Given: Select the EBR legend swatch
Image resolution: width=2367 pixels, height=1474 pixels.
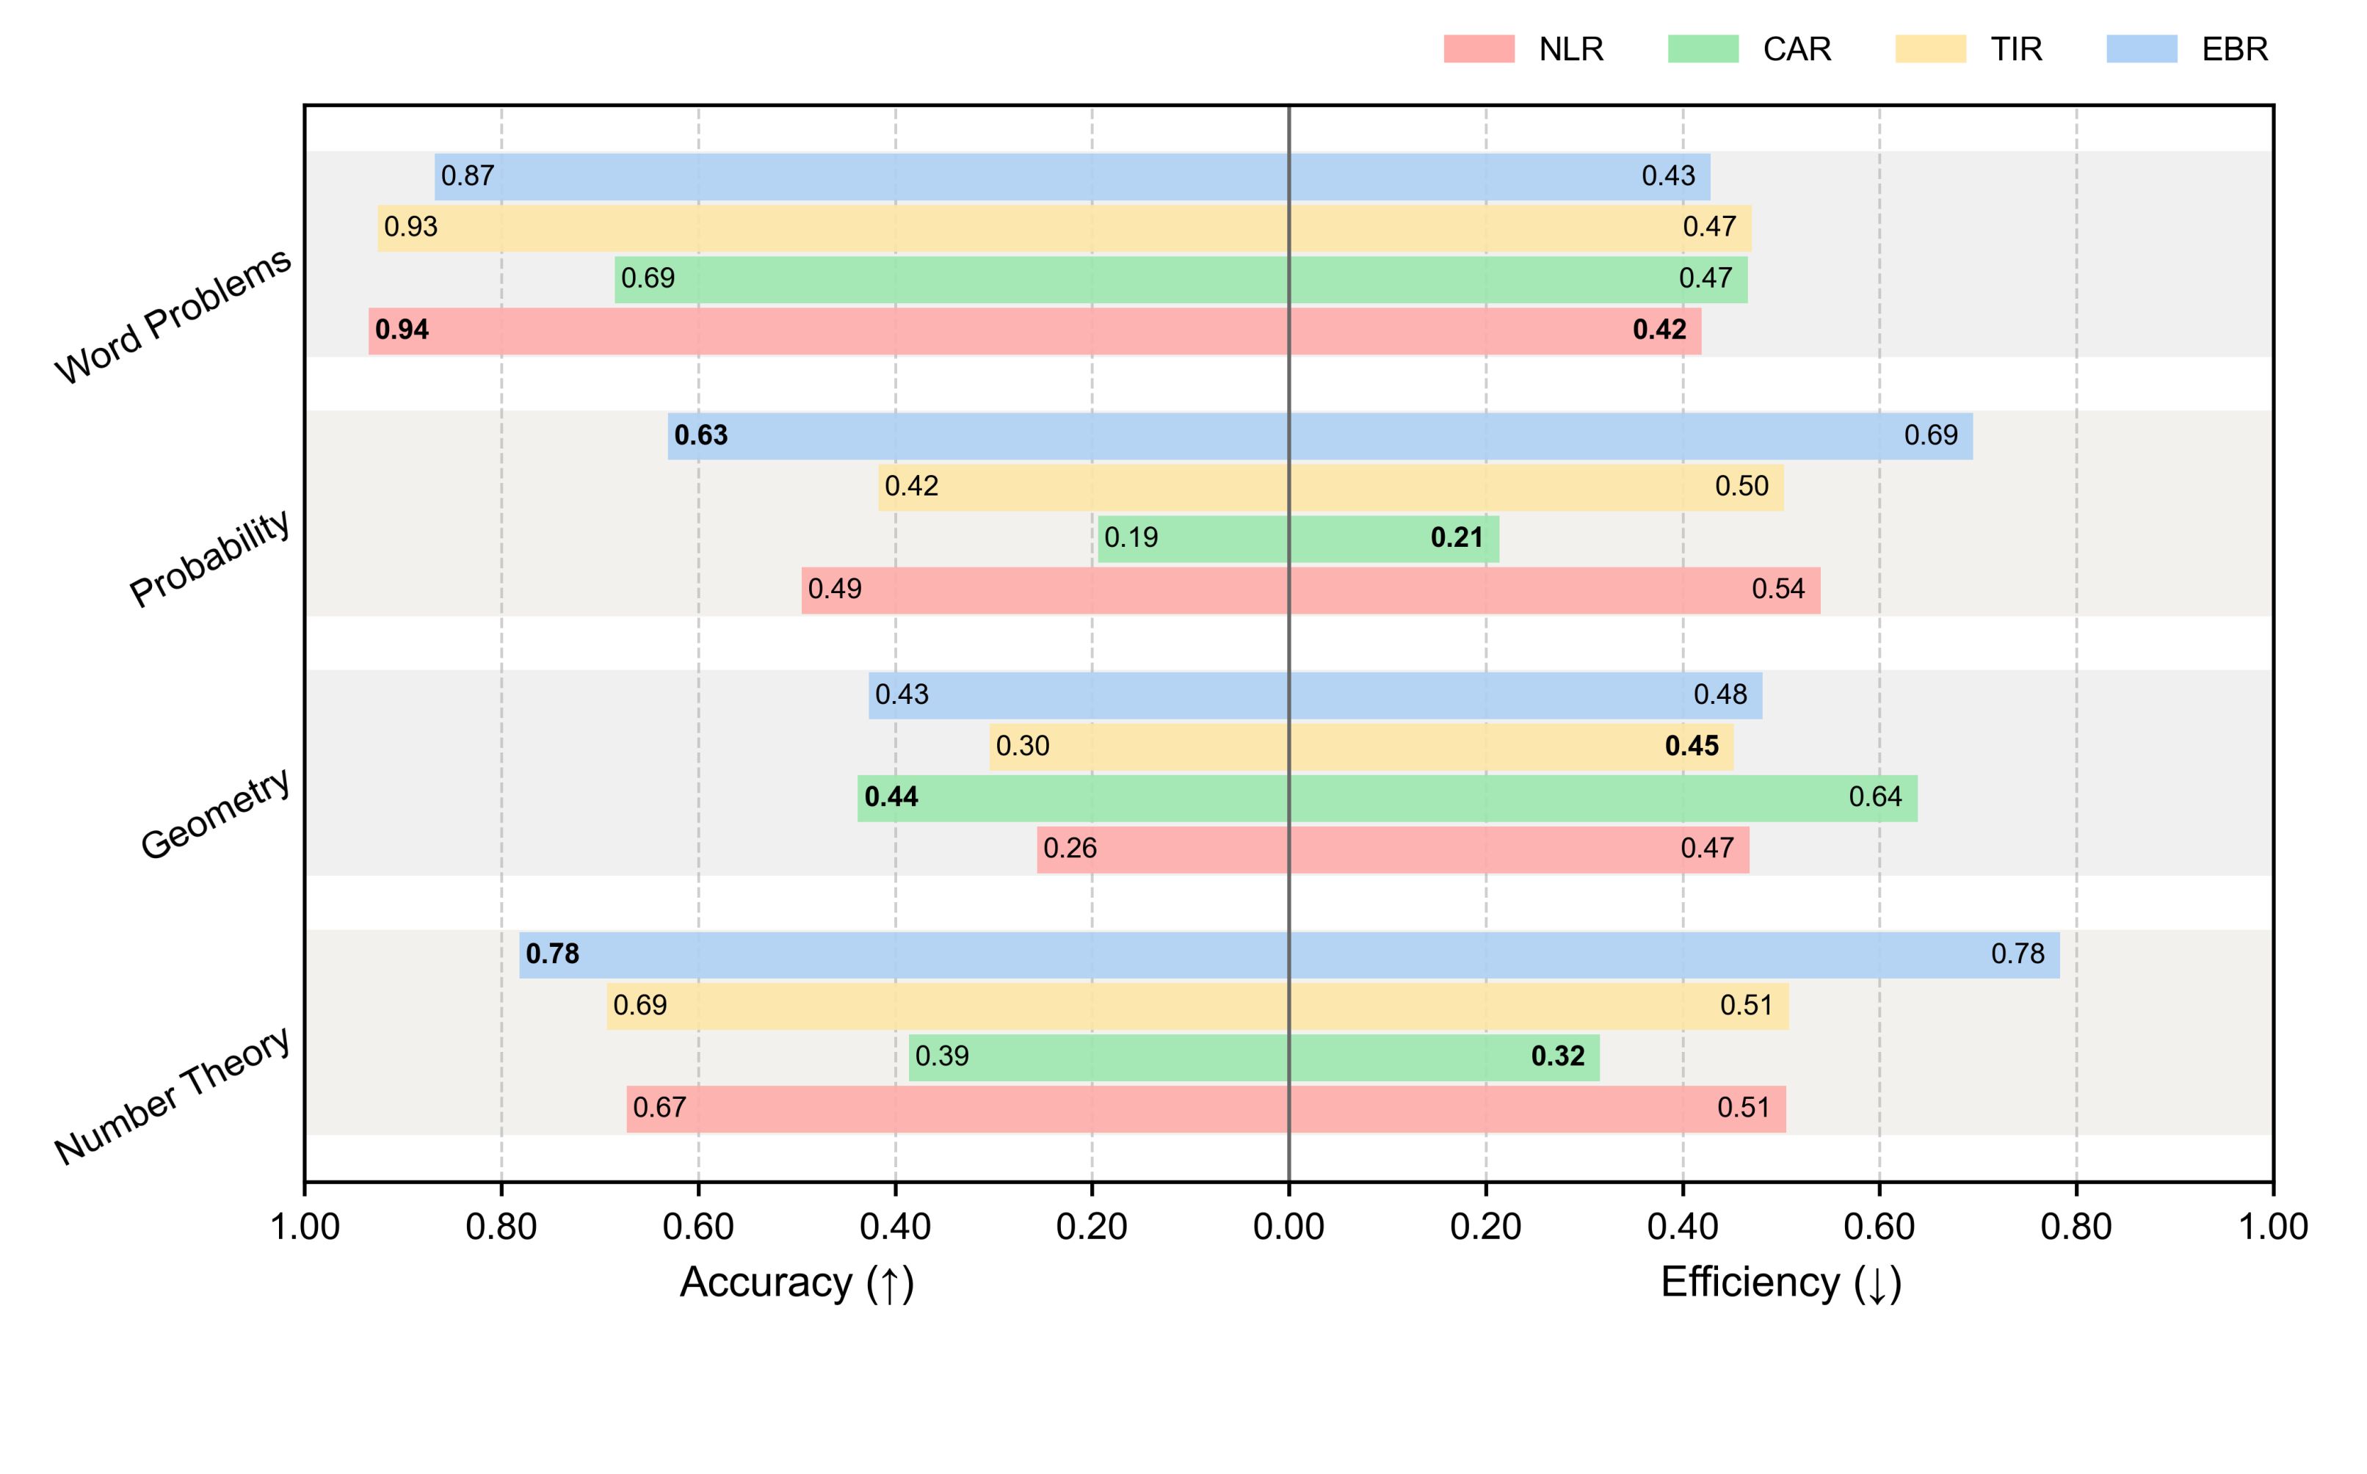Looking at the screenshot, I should [2141, 48].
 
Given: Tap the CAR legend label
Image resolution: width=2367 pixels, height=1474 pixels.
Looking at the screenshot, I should [1796, 48].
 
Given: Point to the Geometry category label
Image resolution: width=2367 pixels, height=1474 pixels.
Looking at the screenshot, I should [215, 814].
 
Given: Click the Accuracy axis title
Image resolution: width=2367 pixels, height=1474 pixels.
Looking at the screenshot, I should [797, 1283].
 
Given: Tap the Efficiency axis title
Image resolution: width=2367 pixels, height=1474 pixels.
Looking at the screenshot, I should [1781, 1283].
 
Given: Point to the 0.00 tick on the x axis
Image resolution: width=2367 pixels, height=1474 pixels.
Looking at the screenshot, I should [1288, 1227].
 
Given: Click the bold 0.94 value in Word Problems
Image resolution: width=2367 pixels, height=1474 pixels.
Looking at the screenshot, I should [402, 330].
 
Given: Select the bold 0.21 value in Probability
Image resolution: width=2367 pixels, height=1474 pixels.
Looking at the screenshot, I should [1457, 538].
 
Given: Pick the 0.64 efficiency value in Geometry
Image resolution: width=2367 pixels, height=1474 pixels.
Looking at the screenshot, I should [1874, 797].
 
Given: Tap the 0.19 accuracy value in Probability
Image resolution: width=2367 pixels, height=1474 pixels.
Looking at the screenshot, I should [1131, 538].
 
